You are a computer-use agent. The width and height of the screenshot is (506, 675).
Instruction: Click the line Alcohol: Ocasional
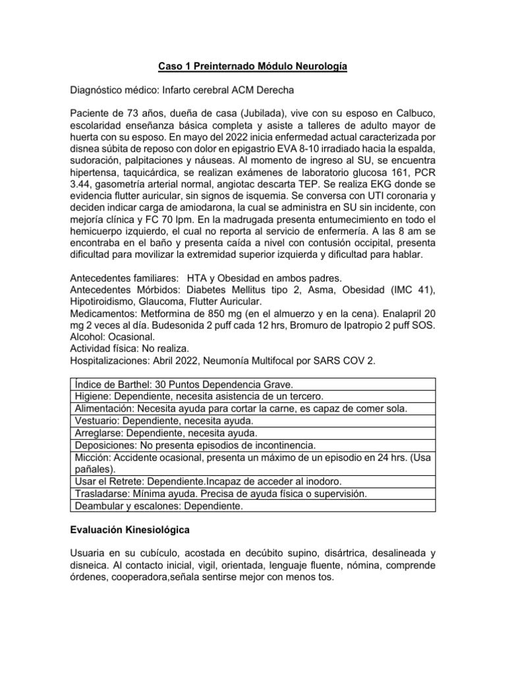[112, 336]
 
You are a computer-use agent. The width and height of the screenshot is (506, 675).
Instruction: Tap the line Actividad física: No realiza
[132, 347]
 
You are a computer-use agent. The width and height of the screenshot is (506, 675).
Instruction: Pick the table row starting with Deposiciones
[196, 445]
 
